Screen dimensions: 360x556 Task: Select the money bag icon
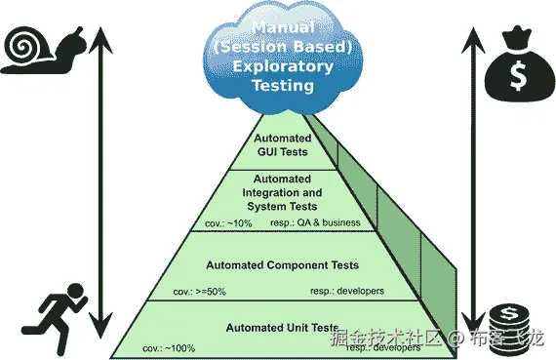(515, 64)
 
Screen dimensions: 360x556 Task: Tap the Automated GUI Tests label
(282, 145)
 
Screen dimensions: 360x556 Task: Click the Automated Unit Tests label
(281, 328)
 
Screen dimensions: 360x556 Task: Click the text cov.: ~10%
(228, 223)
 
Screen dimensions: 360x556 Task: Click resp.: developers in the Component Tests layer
(347, 291)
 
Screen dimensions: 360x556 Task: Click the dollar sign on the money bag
(515, 72)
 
